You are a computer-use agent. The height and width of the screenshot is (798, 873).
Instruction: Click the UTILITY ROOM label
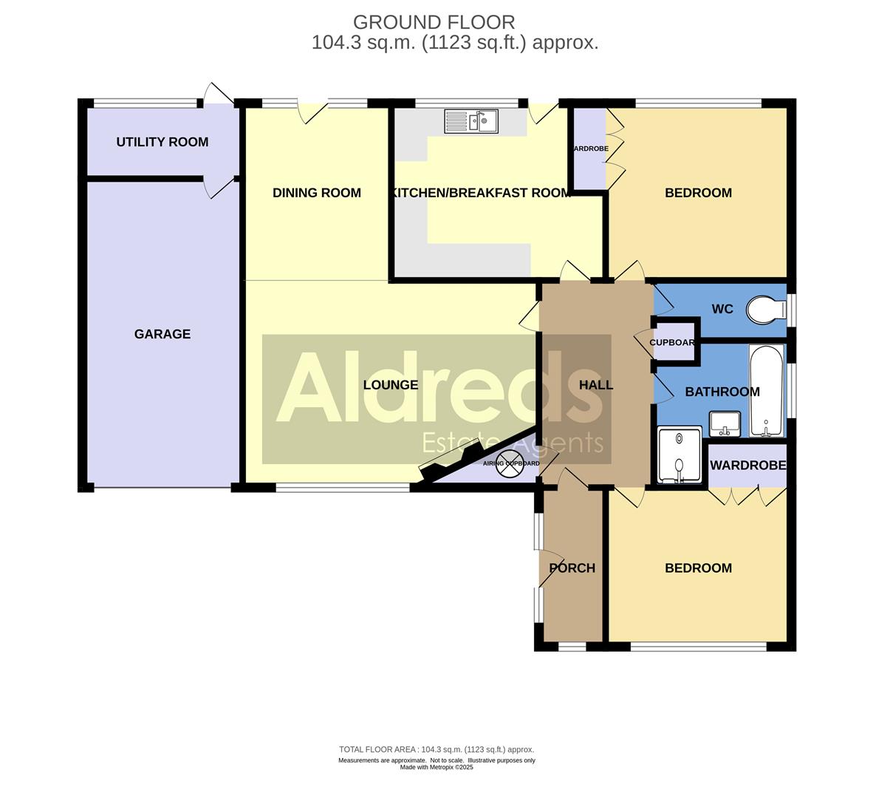[162, 142]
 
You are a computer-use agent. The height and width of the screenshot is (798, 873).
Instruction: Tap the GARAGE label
[162, 334]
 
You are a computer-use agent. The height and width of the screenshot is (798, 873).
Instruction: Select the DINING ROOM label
[316, 193]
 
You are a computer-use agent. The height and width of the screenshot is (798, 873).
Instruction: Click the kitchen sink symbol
[471, 121]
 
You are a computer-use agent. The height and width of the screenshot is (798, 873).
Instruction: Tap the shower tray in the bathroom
[679, 455]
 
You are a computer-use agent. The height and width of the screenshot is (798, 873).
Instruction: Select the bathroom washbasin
[725, 424]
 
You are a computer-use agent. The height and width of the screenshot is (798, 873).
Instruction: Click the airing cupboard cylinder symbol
[510, 463]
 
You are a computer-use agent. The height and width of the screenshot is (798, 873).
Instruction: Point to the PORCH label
[572, 568]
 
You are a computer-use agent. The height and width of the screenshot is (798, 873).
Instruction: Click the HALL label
[595, 385]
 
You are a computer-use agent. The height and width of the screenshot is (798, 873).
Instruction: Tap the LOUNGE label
[391, 385]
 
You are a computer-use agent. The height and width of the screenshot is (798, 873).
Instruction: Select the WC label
[722, 309]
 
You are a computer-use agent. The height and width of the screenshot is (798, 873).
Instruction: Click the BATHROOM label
[722, 392]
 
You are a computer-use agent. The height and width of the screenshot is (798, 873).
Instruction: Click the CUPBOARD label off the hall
[673, 343]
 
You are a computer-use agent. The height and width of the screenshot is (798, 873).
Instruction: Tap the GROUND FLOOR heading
[434, 22]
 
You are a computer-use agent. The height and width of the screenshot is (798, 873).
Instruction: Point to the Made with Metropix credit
[436, 767]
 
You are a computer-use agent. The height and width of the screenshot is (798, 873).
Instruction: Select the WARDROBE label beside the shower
[747, 465]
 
